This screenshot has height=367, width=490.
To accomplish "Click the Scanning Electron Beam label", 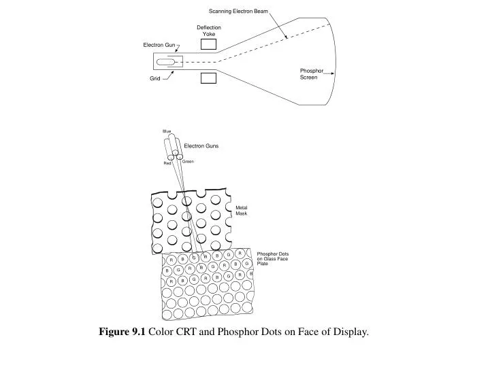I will (x=238, y=12).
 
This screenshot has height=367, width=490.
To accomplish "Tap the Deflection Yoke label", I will (x=209, y=31).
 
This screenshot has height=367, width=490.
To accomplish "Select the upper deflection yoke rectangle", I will (x=209, y=44).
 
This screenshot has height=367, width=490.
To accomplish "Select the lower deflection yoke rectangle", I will (x=209, y=78).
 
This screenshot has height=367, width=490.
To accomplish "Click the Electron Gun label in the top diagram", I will (x=159, y=45).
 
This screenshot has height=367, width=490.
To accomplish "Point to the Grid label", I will (x=154, y=80).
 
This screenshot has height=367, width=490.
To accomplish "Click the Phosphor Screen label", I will (x=310, y=74).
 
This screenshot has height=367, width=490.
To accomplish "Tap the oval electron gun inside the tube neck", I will (x=165, y=63).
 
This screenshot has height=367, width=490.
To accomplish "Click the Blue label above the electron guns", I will (x=167, y=131).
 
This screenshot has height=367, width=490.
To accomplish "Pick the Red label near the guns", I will (x=167, y=163).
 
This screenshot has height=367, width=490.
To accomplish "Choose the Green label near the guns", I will (x=188, y=162).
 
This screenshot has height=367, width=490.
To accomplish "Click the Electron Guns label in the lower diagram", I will (x=201, y=145).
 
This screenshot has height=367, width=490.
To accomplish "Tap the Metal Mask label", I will (x=242, y=211).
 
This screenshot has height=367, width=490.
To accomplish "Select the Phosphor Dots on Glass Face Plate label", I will (x=272, y=259).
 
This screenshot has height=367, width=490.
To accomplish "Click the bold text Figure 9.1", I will (x=122, y=332).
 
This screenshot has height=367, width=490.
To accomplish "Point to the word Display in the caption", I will (x=350, y=332).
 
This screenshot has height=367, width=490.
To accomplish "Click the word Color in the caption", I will (x=161, y=332).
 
